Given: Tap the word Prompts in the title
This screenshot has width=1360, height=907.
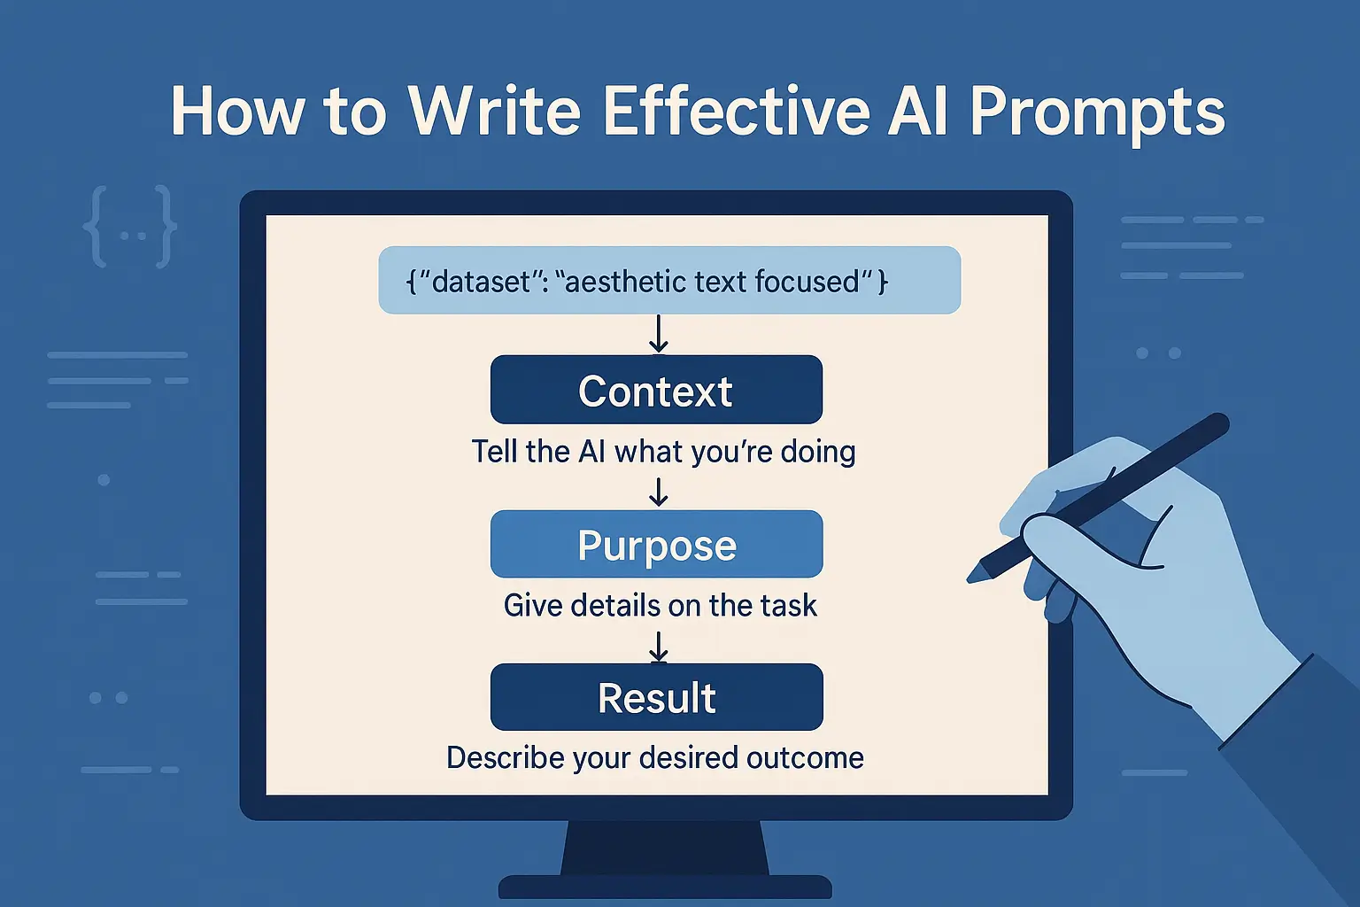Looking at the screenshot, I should click(1097, 113).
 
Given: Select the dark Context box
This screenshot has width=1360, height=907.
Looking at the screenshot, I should click(656, 390).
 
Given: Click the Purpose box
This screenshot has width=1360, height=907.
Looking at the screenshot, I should click(656, 544).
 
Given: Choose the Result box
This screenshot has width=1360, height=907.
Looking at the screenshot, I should click(656, 697).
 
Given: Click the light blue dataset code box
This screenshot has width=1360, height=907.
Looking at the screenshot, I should click(669, 280).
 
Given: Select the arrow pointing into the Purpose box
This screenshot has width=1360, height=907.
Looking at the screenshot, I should click(658, 492).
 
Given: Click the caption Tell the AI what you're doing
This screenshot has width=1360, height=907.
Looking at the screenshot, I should click(663, 452).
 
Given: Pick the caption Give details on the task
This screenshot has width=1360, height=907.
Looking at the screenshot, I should click(660, 606).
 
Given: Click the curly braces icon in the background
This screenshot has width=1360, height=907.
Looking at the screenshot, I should click(130, 227).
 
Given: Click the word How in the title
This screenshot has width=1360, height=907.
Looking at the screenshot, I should click(236, 112).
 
